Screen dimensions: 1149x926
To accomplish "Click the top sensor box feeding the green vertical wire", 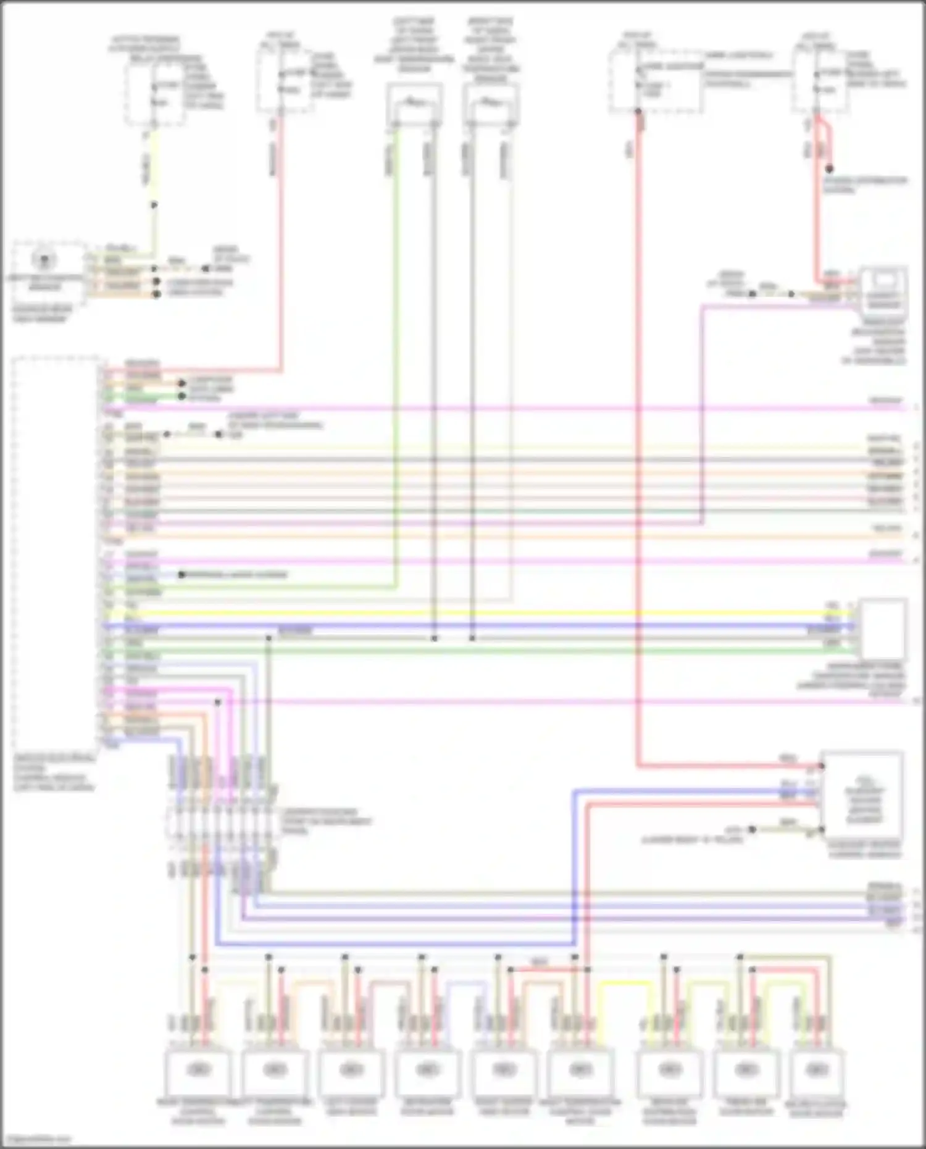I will [415, 104].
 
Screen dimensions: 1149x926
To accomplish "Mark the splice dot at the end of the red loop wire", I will [830, 169].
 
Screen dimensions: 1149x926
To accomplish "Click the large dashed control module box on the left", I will [56, 549].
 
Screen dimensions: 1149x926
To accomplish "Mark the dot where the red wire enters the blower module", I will [821, 767].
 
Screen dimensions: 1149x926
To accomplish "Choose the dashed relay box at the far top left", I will [154, 93].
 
